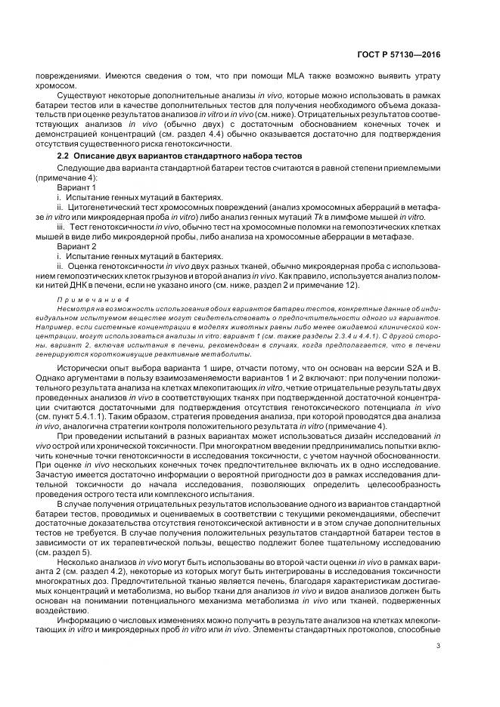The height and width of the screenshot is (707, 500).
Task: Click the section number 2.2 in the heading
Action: click(x=64, y=155)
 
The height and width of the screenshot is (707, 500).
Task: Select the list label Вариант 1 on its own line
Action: click(x=76, y=186)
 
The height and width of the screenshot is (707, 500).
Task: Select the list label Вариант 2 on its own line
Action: click(x=76, y=245)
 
